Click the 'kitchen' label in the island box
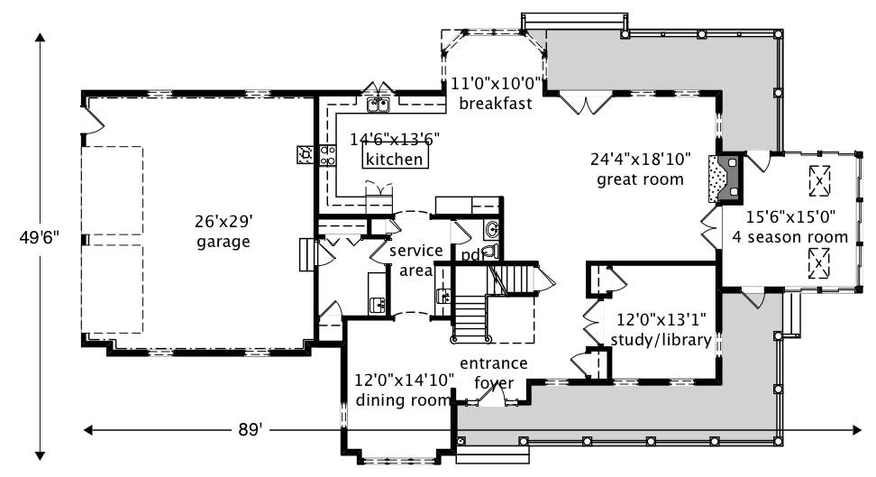coord(394,160)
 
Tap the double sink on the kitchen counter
coord(379,106)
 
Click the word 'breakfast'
coord(495,103)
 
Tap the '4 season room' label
coord(789,237)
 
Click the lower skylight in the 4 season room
coord(818,263)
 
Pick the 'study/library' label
coord(661,340)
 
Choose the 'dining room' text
coord(402,399)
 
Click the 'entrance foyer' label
coord(493,373)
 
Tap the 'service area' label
coord(415,260)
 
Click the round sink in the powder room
coord(492,231)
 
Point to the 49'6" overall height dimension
coord(41,238)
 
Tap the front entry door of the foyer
coord(492,398)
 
